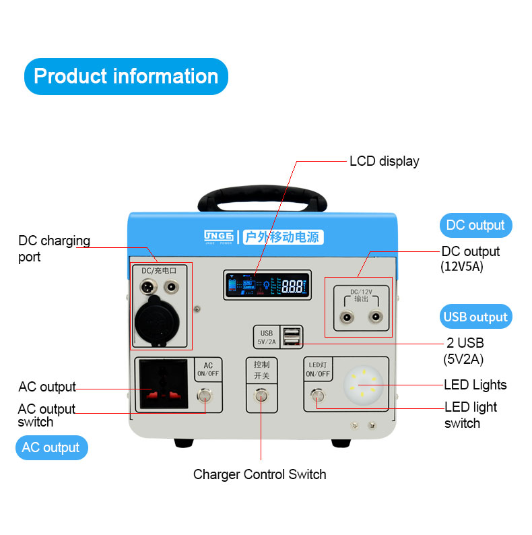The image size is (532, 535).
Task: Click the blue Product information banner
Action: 126,75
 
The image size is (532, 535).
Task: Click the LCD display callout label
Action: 384,161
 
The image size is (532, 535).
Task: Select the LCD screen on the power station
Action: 267,286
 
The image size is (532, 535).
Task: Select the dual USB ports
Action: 292,336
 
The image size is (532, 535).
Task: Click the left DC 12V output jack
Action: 347,317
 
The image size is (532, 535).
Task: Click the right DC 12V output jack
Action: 374,317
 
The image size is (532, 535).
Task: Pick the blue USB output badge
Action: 475,317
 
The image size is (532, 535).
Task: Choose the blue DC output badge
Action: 475,225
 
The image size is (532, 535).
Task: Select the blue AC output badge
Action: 51,447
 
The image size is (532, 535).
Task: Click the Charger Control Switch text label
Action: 259,474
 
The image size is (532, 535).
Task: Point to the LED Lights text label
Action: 475,385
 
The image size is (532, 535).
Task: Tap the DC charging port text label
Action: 54,249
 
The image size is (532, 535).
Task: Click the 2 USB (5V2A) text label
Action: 465,351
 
